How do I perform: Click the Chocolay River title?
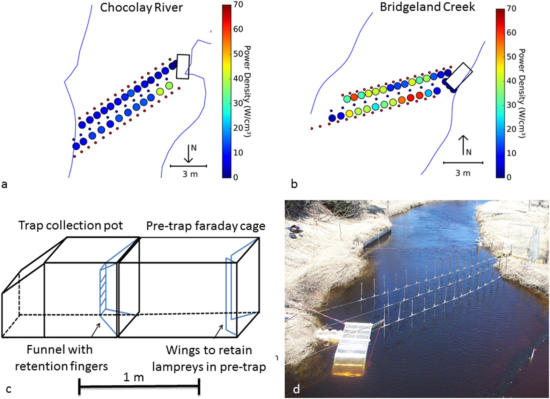[x=141, y=8]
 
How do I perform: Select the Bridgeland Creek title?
[x=427, y=7]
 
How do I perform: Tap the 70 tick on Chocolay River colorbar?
[x=238, y=5]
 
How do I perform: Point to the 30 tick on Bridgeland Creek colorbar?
[x=511, y=105]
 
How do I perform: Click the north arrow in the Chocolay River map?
[x=189, y=154]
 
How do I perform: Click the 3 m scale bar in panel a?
[x=189, y=166]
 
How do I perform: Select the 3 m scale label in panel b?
[x=463, y=173]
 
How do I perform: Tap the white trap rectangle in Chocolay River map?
[x=183, y=66]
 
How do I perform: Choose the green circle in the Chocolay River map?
[x=169, y=85]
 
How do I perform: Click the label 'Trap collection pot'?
[x=71, y=226]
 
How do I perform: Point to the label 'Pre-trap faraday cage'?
[x=206, y=226]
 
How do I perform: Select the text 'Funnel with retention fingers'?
[x=61, y=358]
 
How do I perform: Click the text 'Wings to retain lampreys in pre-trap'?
[x=209, y=359]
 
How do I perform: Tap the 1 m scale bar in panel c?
[x=139, y=386]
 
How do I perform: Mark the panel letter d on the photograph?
[x=296, y=389]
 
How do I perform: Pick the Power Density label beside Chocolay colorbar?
[x=247, y=91]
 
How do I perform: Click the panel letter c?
[x=9, y=389]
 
